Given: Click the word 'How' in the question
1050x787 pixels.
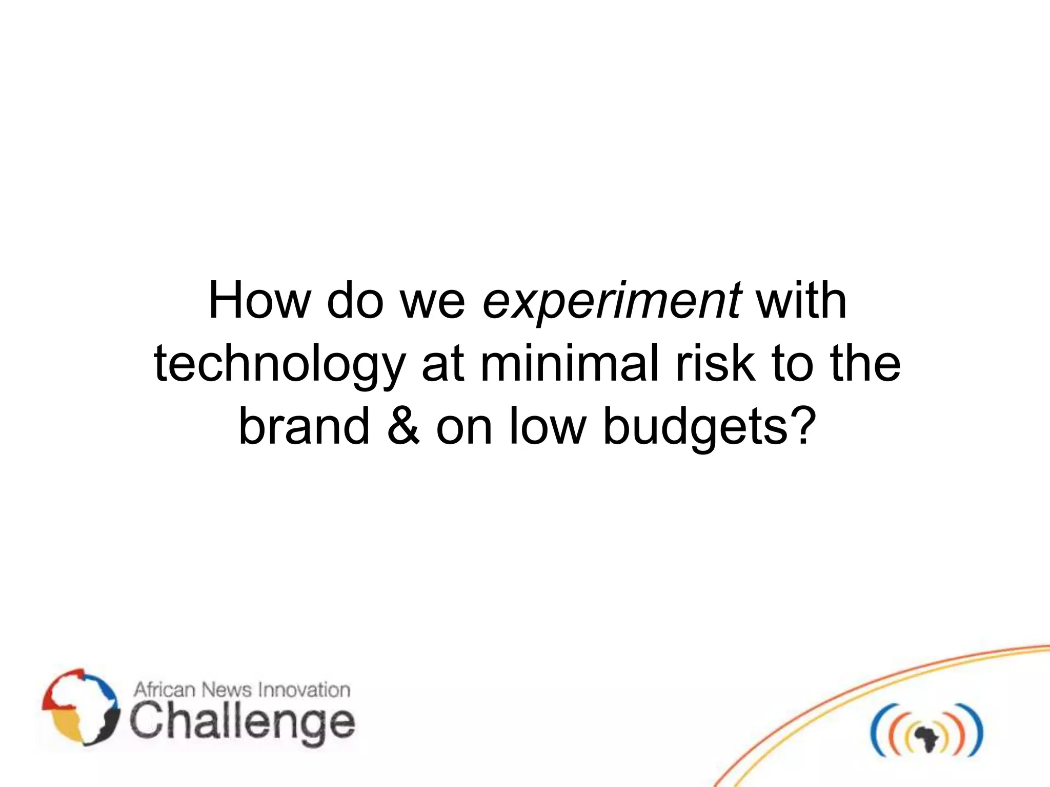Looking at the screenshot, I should tap(259, 301).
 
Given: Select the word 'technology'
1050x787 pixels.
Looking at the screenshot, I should tap(280, 365).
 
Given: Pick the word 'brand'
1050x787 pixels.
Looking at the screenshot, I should tap(304, 426).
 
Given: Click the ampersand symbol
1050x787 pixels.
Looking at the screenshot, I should tap(403, 426).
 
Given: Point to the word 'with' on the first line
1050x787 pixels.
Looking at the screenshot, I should tap(801, 301).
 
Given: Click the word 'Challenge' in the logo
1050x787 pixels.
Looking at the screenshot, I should tap(242, 722).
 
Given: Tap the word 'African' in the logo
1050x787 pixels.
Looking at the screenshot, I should tap(165, 690).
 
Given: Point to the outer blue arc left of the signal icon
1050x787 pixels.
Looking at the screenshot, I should tap(876, 731).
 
